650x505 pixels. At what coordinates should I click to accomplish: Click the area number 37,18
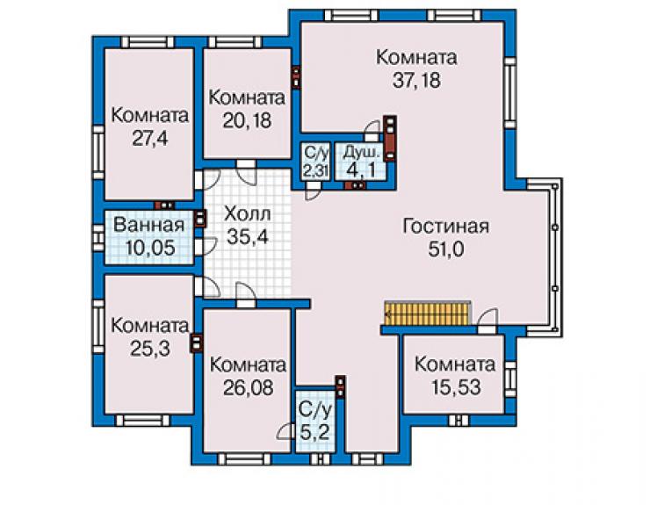point(416,80)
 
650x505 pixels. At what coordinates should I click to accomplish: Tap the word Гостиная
point(446,227)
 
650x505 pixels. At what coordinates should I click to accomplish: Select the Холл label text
point(248,214)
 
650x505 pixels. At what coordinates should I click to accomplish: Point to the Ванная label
point(148,225)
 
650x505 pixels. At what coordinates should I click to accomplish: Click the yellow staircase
point(428,314)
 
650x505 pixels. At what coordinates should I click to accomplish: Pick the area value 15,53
point(456,387)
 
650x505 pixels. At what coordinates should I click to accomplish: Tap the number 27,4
point(150,138)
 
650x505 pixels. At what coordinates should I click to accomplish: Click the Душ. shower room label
point(362,153)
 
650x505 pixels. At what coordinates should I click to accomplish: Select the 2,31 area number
point(316,171)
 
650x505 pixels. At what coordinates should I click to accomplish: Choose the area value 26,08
point(249,388)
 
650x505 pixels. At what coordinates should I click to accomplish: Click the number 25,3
point(150,349)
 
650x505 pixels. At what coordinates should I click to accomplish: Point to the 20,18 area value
point(247,120)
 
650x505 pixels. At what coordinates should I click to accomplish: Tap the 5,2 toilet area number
point(315,433)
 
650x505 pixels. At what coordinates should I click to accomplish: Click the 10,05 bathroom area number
point(150,248)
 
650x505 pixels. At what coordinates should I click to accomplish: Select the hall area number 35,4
point(248,237)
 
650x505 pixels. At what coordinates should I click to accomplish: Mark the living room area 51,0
point(446,249)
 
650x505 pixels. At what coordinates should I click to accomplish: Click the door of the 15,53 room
point(487,321)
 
